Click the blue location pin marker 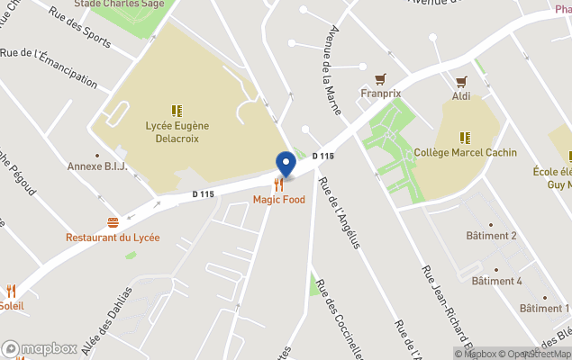point(286,164)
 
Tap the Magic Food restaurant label point(279,200)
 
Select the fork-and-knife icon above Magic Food point(279,184)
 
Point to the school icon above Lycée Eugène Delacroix point(177,112)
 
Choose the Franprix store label point(380,93)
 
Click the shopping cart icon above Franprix point(380,78)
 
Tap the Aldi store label point(461,95)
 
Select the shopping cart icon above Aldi point(461,81)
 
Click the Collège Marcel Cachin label point(466,153)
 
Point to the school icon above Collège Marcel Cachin point(465,138)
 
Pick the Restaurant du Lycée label point(113,238)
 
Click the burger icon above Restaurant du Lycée point(113,222)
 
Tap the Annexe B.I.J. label point(97,166)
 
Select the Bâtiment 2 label point(491,236)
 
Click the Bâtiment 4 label point(495,281)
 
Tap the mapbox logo point(40,349)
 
